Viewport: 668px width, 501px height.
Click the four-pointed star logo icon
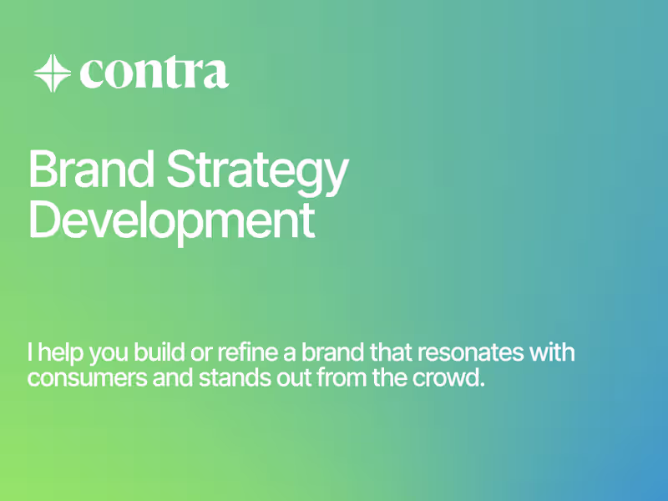pos(52,73)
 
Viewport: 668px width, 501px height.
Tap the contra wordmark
pos(154,73)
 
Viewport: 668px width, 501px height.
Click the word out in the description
pos(280,377)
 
